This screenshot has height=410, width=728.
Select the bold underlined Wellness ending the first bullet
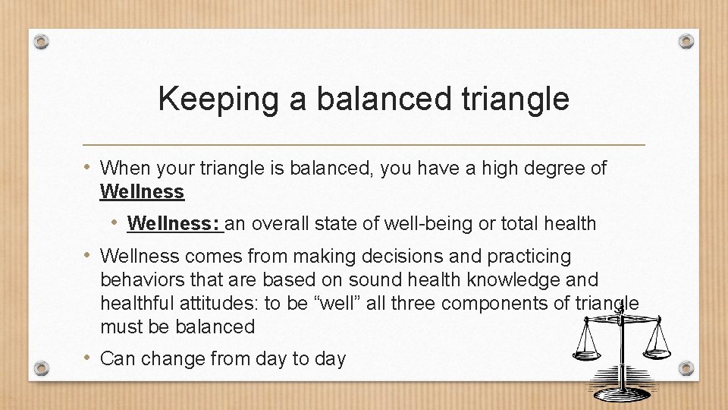tap(142, 192)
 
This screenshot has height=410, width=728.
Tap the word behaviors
tap(140, 280)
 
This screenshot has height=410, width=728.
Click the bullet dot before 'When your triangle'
tap(89, 168)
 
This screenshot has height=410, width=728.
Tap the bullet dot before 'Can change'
tap(89, 358)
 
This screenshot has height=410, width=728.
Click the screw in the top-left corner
tap(42, 41)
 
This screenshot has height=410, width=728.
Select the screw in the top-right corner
tap(686, 41)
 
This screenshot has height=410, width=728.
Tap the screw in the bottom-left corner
tap(42, 368)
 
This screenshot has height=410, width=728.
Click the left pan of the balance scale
tap(586, 353)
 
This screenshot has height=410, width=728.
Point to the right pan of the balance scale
tap(657, 351)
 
